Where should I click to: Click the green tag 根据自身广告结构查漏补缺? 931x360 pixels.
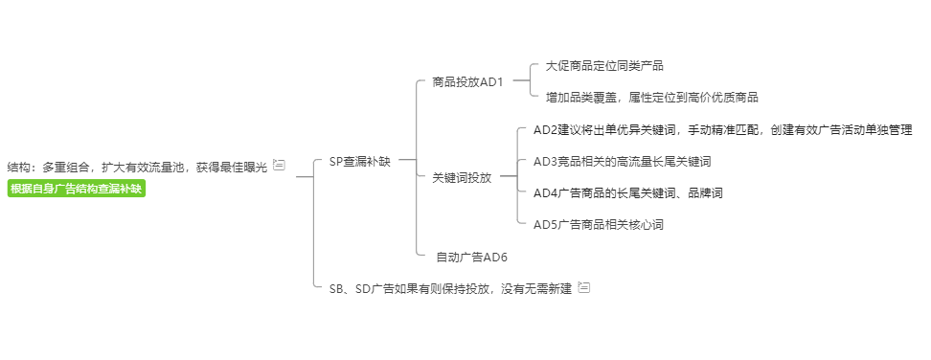(77, 189)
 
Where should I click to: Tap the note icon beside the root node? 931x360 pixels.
(279, 165)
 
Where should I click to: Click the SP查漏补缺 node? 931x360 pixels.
(359, 162)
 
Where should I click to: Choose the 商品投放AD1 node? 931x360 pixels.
(467, 81)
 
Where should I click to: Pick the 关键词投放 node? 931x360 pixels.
(462, 177)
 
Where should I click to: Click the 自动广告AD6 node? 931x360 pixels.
(471, 257)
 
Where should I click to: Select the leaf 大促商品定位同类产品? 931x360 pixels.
(604, 66)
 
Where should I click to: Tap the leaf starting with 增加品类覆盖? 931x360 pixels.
(651, 97)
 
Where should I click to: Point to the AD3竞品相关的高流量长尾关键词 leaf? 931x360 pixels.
(622, 161)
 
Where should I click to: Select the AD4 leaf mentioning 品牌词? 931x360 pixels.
(627, 192)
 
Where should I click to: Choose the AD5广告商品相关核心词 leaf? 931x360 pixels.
(598, 224)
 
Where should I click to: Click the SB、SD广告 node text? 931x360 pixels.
(449, 288)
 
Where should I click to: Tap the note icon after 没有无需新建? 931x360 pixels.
(584, 287)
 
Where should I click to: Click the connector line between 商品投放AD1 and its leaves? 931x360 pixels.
(520, 81)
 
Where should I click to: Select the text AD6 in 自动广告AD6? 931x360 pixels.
(495, 257)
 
